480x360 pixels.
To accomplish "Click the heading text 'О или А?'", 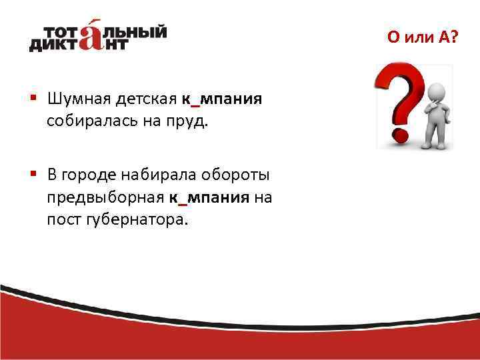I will coord(423,37).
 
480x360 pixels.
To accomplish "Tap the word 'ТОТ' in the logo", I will coord(63,31).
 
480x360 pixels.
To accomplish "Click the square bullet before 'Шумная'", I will coord(33,99).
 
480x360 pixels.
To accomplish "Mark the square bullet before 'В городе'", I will coord(33,175).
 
